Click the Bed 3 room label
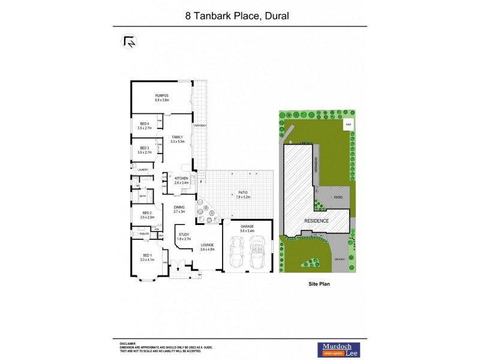coord(145,150)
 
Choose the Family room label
coord(177,139)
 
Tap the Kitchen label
coord(181,180)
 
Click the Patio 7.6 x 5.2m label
coord(242,194)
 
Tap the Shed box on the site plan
coord(347,125)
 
